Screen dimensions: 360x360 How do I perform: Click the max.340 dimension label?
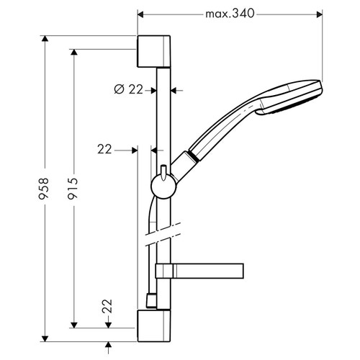click(x=230, y=14)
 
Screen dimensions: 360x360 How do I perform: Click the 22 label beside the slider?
click(x=104, y=149)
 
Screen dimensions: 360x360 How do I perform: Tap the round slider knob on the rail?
click(x=163, y=188)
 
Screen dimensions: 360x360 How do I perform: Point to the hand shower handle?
click(x=220, y=130)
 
